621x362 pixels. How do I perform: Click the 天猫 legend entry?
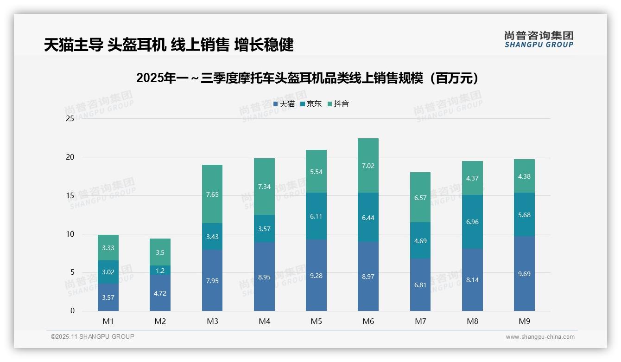[x=284, y=104]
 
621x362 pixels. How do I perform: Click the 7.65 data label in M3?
[x=212, y=194]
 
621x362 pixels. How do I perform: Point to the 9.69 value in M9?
[x=524, y=274]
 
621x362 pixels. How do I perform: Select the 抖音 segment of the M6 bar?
[x=368, y=166]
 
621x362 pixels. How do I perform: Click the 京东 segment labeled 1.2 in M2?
[x=160, y=271]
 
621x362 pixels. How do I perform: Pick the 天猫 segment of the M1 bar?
[x=108, y=297]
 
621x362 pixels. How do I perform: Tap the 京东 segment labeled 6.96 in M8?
[x=472, y=222]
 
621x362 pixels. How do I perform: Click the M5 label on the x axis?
[x=316, y=321]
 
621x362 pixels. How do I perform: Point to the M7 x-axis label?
[x=420, y=321]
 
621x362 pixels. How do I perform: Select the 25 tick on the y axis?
[x=70, y=118]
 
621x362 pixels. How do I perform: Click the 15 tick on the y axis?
[x=70, y=195]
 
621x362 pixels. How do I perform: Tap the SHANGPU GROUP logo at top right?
[x=539, y=39]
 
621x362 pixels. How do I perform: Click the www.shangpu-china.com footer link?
[x=540, y=337]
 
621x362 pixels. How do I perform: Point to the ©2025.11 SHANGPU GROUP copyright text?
[x=92, y=336]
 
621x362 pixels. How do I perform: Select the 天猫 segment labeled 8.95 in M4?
[x=264, y=277]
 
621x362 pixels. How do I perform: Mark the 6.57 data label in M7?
[x=420, y=197]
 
